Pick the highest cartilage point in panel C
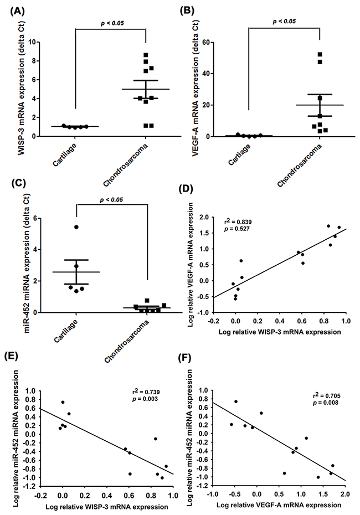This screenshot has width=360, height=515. click(76, 227)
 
